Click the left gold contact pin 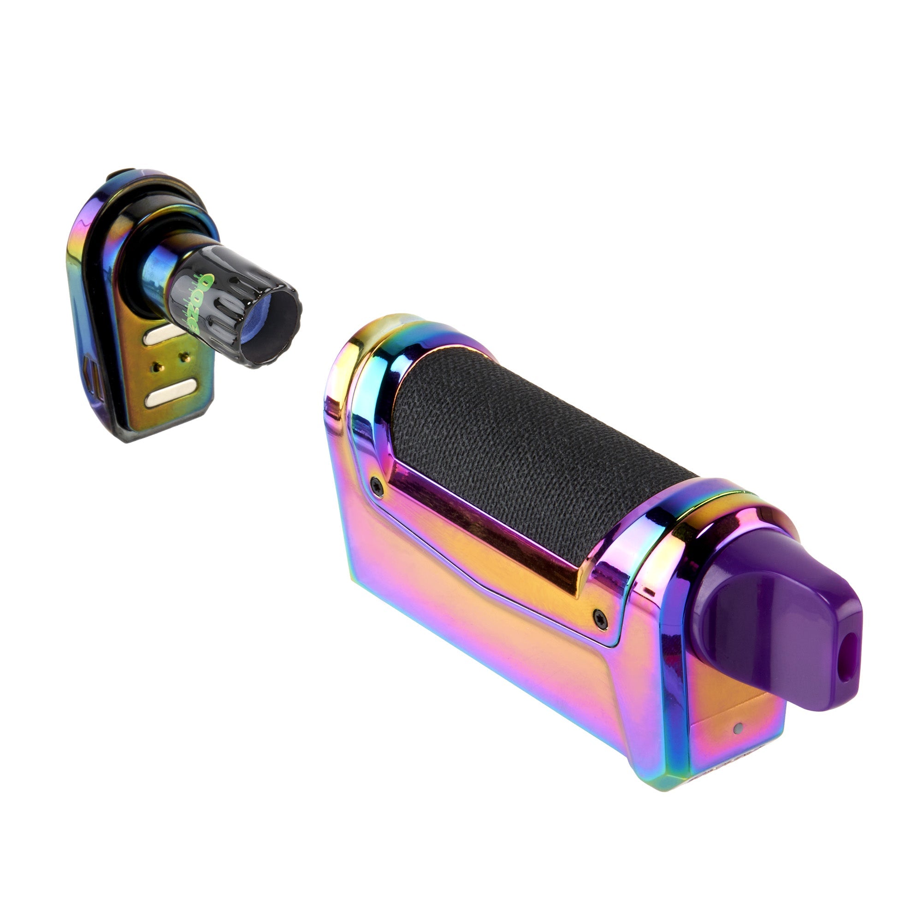[x=155, y=366]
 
